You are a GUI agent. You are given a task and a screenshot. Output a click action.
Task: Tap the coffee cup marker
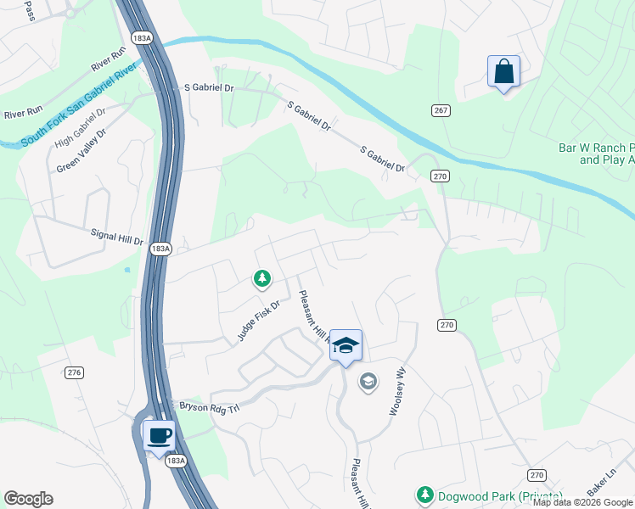(x=159, y=436)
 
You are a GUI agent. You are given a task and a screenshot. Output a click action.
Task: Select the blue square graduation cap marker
(x=346, y=345)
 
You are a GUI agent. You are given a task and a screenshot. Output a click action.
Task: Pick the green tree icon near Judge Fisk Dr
(x=262, y=277)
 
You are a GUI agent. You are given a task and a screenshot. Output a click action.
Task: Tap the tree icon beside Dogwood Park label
(x=424, y=494)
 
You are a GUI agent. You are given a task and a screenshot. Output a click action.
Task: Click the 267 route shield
(x=440, y=110)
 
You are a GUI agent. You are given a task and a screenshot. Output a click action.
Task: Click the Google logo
(x=28, y=499)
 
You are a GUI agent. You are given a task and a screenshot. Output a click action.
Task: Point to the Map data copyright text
(x=583, y=502)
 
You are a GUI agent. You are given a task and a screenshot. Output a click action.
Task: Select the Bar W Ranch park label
(x=596, y=153)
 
